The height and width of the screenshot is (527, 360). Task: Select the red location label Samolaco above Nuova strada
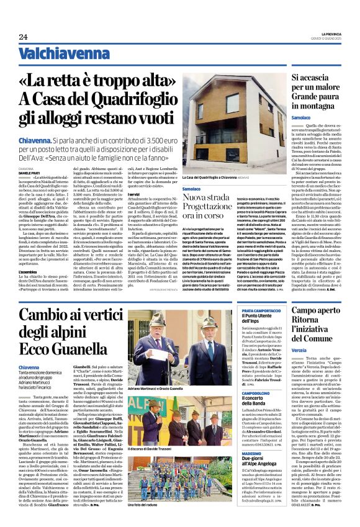coord(192,188)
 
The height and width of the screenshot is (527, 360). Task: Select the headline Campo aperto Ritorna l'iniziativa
coord(320,331)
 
